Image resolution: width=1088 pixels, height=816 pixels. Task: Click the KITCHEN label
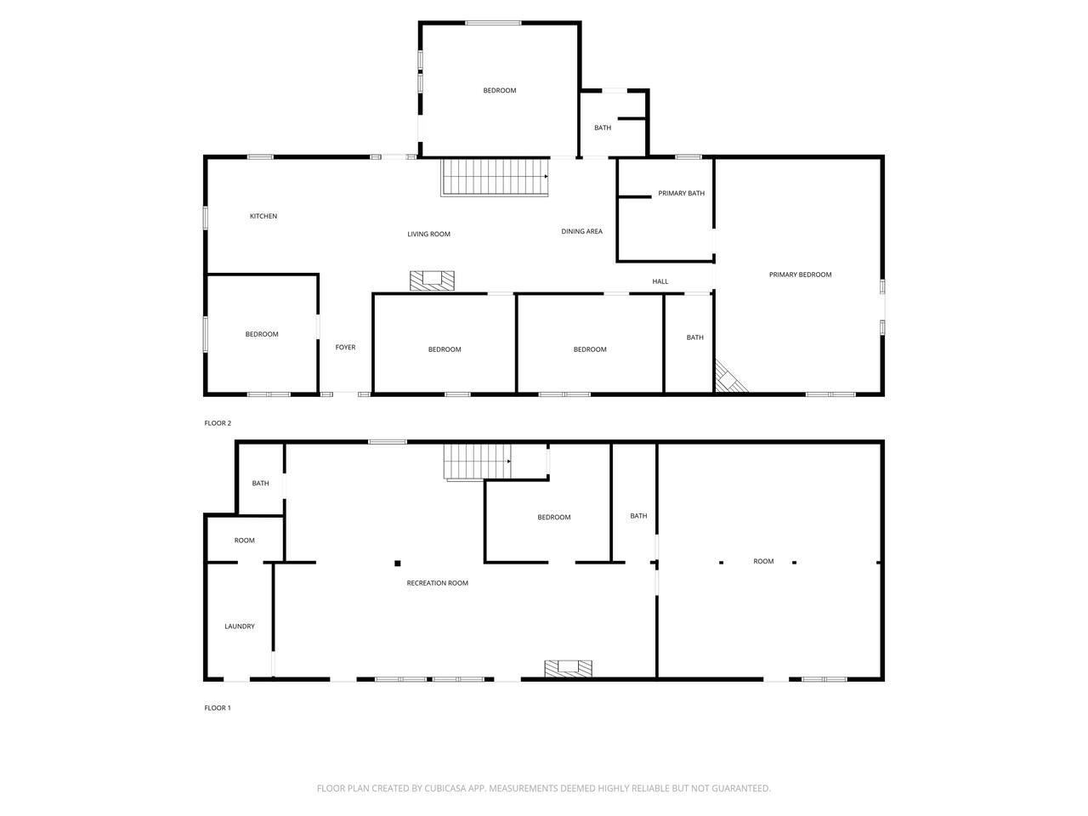[x=263, y=216]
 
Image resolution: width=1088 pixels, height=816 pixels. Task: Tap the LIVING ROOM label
[x=428, y=234]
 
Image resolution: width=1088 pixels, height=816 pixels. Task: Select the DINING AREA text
[x=581, y=231]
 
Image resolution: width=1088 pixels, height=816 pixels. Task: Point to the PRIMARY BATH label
[x=681, y=193]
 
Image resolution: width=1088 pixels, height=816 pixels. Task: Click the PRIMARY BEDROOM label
[x=800, y=275]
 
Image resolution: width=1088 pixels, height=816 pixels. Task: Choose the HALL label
[x=660, y=281]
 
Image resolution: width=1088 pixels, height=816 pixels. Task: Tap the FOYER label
[x=345, y=348]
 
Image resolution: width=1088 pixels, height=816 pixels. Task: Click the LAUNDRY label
[x=240, y=626]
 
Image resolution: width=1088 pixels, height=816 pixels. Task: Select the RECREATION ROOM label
[x=437, y=583]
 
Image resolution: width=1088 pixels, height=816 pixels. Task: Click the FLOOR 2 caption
[x=218, y=423]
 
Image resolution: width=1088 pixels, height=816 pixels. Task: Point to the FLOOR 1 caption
[x=218, y=708]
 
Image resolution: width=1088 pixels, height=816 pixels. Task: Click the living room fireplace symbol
[x=432, y=280]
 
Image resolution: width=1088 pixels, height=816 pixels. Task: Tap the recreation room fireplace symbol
[x=568, y=668]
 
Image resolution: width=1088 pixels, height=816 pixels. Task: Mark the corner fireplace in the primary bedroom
[x=728, y=378]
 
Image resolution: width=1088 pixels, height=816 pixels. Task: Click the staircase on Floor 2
[x=494, y=177]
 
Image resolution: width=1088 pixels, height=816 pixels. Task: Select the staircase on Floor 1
[x=477, y=462]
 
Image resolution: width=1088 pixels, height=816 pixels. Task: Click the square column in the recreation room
[x=398, y=564]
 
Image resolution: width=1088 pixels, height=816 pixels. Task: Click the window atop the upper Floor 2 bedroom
[x=493, y=23]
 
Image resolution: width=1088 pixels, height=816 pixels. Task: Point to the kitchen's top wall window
[x=260, y=157]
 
